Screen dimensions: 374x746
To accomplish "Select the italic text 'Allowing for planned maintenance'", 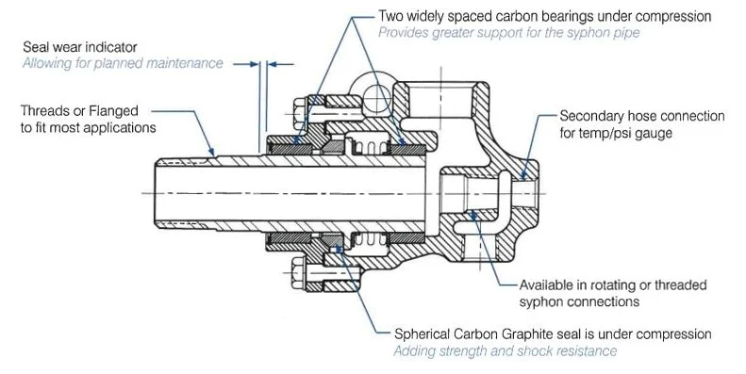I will pyautogui.click(x=123, y=63).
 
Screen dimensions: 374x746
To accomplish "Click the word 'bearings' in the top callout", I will pyautogui.click(x=546, y=16).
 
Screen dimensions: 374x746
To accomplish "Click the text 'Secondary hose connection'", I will pyautogui.click(x=641, y=116).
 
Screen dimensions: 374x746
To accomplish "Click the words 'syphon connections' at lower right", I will pyautogui.click(x=580, y=301).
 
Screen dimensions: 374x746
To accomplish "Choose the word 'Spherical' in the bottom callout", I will pyautogui.click(x=407, y=334).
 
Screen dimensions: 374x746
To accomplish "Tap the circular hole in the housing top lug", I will pyautogui.click(x=375, y=95).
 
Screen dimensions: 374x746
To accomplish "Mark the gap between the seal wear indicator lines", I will pyautogui.click(x=263, y=64).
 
